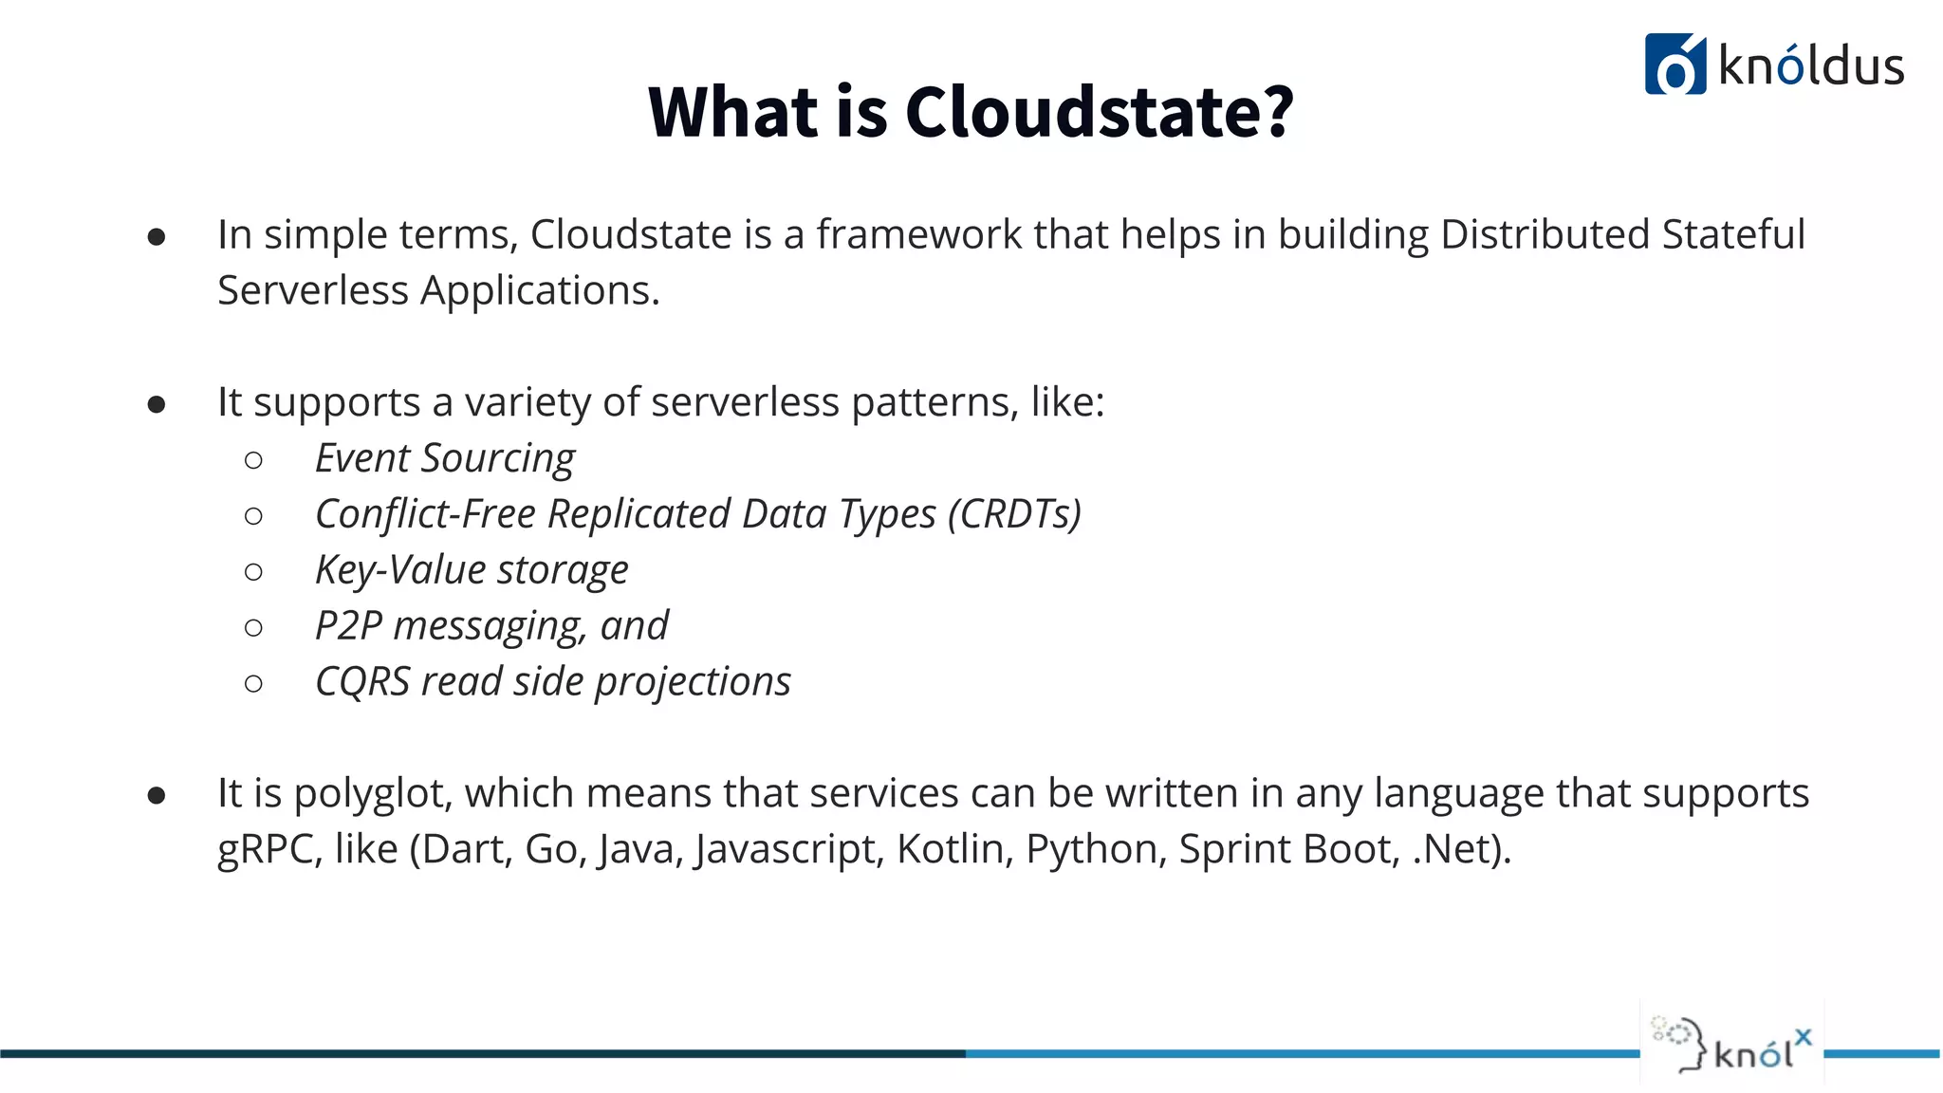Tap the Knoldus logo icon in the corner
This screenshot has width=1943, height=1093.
pos(1675,65)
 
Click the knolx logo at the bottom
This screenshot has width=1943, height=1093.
pos(1732,1044)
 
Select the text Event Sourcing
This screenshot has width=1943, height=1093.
pos(445,459)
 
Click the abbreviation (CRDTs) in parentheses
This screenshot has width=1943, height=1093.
pos(1014,515)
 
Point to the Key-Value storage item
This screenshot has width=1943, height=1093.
pos(472,571)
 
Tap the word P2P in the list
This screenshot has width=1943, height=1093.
pos(348,627)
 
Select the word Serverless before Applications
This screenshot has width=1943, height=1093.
pos(312,290)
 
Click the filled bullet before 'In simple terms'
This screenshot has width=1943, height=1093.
pos(157,237)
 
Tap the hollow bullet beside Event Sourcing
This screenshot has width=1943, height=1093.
pos(253,461)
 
